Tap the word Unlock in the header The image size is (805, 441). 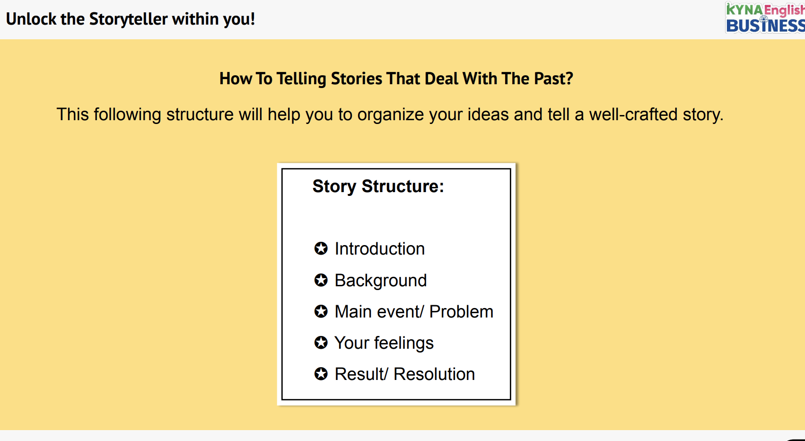[x=31, y=19]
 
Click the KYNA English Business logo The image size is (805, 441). [x=765, y=18]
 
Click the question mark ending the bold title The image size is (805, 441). [x=569, y=79]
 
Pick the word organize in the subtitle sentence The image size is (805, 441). [x=391, y=115]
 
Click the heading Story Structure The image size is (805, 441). [x=378, y=186]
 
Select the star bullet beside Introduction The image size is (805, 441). [x=321, y=248]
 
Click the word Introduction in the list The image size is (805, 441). [x=379, y=249]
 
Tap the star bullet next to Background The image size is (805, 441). [x=321, y=280]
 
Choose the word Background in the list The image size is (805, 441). [x=381, y=281]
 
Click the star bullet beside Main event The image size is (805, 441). [x=321, y=311]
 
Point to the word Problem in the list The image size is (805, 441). [x=461, y=312]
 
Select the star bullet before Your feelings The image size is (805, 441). [x=321, y=343]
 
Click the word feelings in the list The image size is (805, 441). [x=404, y=343]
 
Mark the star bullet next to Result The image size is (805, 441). [x=321, y=374]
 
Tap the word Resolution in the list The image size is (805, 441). [x=434, y=374]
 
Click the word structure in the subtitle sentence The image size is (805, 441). [x=200, y=115]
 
